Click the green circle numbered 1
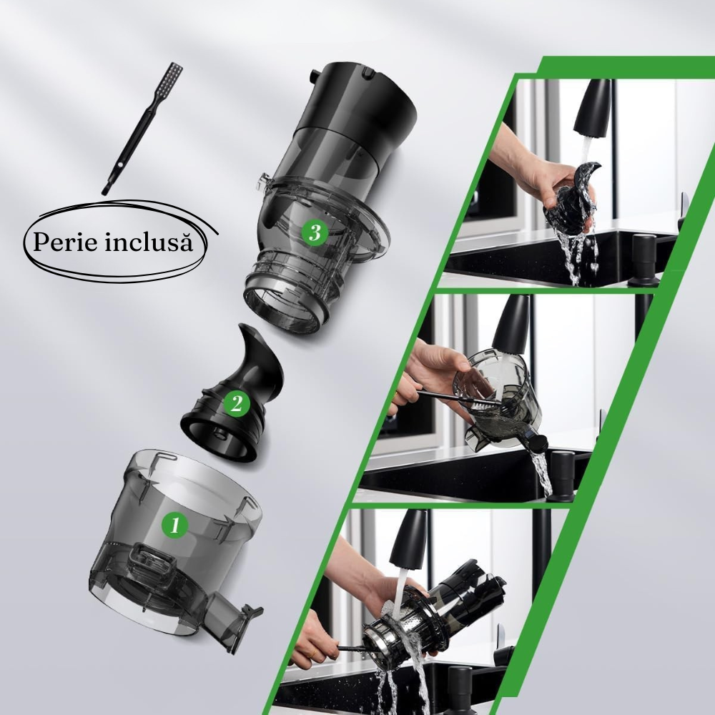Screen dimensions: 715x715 [174, 526]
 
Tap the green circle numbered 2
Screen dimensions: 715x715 [235, 405]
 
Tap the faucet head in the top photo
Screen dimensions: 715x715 [594, 107]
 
